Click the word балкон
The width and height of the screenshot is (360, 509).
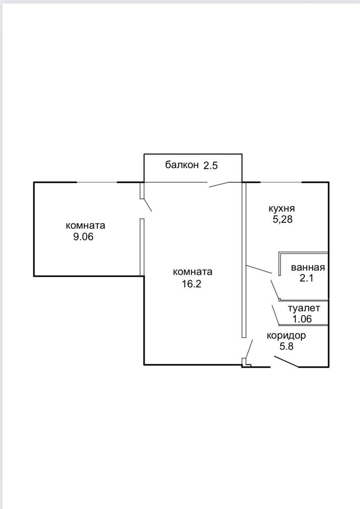click(182, 165)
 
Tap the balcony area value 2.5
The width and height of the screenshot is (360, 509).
click(210, 166)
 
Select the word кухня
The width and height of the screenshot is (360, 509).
click(282, 209)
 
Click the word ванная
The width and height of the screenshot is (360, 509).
click(308, 268)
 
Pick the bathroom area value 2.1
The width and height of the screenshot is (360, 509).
click(306, 278)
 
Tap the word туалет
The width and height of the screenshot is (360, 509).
click(304, 308)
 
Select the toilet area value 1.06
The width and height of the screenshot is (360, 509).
click(302, 319)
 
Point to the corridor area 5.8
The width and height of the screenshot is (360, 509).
click(286, 346)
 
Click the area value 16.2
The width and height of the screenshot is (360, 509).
click(192, 284)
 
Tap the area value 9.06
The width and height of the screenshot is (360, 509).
click(84, 237)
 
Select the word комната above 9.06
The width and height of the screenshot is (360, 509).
click(86, 225)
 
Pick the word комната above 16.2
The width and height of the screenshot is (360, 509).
click(193, 272)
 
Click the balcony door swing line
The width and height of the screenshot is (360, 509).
click(219, 185)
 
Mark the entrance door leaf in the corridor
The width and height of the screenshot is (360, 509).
click(286, 361)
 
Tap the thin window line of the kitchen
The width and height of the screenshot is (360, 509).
click(281, 182)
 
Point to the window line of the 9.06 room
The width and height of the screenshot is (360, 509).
click(97, 182)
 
